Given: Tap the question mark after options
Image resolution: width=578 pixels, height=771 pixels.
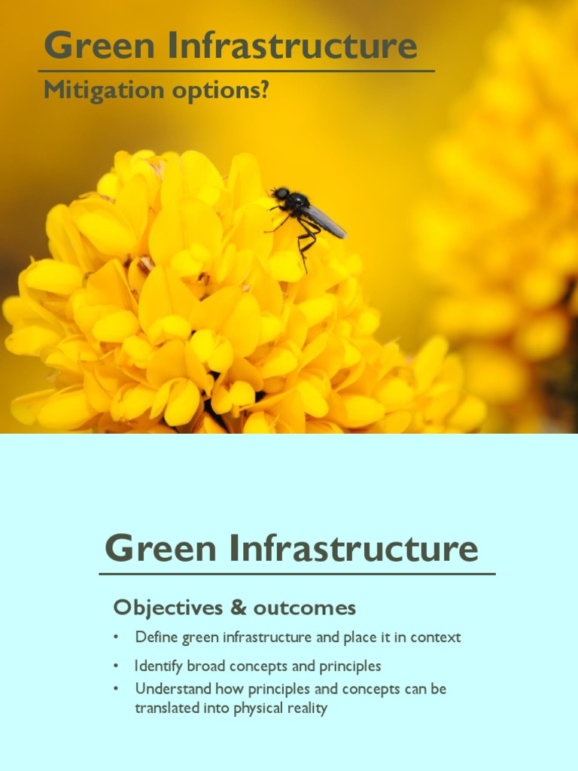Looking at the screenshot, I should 263,90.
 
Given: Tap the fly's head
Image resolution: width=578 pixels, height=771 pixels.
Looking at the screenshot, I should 281,194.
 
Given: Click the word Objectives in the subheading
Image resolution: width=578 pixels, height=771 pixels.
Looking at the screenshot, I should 168,608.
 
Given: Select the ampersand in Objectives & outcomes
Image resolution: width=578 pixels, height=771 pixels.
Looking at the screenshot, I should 238,608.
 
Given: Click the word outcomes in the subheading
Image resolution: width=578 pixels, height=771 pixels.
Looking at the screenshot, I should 305,608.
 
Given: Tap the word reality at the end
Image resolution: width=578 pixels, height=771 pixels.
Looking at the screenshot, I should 305,709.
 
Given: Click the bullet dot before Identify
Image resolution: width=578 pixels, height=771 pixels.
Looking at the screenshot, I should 117,666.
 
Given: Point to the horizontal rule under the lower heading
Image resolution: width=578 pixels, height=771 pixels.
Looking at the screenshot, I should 297,574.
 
